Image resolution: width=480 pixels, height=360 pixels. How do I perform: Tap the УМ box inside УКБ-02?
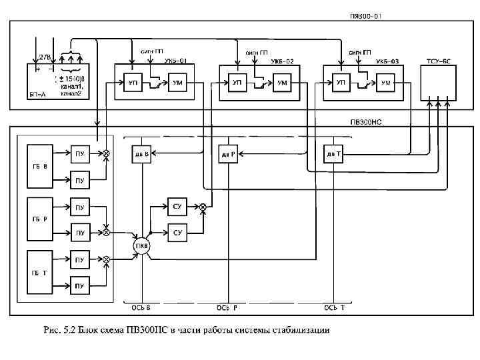[282, 83]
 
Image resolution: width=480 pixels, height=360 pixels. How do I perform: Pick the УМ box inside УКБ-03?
[386, 83]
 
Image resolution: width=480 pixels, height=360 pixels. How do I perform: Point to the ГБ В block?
[42, 167]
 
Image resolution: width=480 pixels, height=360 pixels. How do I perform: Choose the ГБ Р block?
[42, 219]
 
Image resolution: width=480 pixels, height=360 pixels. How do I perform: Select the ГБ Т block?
[42, 272]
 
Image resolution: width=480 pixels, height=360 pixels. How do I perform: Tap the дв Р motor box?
[229, 154]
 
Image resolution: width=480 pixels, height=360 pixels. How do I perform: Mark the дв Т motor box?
[333, 154]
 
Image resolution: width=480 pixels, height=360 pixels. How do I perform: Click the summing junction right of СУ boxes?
[203, 207]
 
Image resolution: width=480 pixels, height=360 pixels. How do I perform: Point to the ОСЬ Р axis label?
[227, 308]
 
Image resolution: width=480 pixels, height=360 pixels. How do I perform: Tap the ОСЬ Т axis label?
[334, 308]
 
